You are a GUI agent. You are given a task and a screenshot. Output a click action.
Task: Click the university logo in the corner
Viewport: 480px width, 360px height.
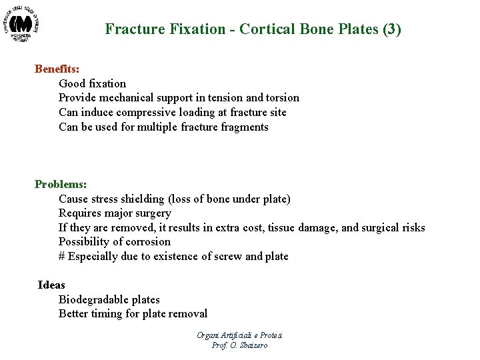(x=22, y=25)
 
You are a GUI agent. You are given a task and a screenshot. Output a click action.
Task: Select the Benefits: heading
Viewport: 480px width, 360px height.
(x=57, y=69)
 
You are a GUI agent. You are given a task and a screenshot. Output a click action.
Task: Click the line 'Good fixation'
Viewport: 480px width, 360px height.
(x=92, y=83)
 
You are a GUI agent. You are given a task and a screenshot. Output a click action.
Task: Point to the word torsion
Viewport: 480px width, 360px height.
(x=282, y=98)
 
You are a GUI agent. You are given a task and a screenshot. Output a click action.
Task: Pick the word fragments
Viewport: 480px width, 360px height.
(x=243, y=127)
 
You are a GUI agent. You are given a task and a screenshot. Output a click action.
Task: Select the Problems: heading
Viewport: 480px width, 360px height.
(x=61, y=184)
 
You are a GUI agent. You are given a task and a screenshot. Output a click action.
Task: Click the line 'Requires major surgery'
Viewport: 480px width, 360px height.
(x=115, y=213)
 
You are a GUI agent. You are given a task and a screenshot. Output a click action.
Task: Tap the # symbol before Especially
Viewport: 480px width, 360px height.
(x=61, y=257)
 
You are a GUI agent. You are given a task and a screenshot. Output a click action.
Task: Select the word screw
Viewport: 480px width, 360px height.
(x=229, y=257)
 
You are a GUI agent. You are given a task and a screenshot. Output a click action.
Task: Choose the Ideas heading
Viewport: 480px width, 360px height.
(x=52, y=285)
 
